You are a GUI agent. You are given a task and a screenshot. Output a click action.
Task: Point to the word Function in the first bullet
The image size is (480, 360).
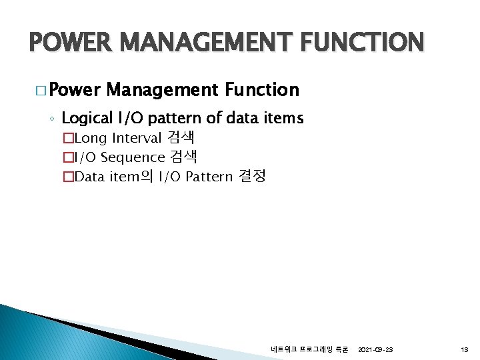pos(262,89)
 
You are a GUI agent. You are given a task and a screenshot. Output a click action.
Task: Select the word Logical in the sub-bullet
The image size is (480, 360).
pos(87,119)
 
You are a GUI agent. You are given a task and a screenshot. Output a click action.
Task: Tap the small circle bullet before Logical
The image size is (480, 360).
pos(52,119)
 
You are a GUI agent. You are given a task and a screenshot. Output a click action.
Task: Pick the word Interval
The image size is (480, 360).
pos(137,138)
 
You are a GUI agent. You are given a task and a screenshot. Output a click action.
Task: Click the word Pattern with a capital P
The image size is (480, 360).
pos(209,177)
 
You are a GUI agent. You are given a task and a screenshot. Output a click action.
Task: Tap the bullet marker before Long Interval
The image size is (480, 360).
pos(66,139)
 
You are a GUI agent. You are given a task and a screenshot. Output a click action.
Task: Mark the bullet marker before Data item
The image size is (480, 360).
pos(66,177)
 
